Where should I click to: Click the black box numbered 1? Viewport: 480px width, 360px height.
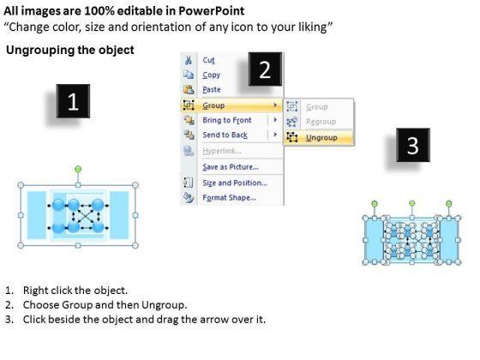73,101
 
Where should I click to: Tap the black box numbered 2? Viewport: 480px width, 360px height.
265,69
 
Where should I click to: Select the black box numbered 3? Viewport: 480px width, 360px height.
413,145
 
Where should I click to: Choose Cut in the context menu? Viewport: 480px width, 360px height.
208,60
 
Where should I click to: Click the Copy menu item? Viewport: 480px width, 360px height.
211,75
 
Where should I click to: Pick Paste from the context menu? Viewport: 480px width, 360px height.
212,90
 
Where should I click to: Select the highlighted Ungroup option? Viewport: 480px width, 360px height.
321,138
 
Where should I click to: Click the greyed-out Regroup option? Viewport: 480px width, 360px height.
321,122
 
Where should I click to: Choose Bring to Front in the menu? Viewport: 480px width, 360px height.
227,120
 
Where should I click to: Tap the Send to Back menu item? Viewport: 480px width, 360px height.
225,135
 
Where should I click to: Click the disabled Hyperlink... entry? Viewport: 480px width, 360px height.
222,151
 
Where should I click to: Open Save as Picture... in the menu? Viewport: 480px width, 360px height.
231,167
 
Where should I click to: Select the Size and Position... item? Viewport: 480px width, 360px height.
235,183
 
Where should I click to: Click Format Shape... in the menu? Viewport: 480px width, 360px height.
229,197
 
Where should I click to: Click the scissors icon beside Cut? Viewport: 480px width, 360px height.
189,60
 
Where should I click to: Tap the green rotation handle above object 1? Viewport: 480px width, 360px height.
78,169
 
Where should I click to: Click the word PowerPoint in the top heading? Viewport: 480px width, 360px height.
211,11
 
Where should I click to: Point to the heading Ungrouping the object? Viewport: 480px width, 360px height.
70,50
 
